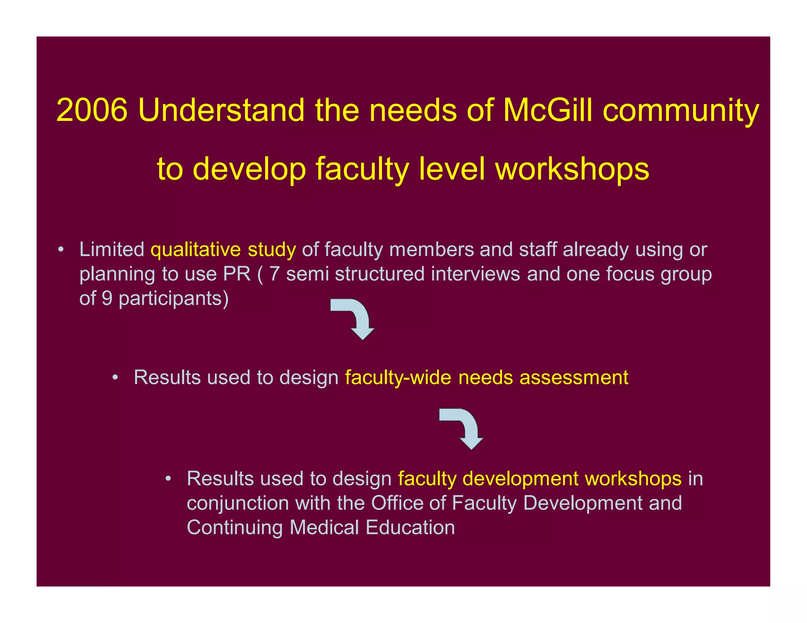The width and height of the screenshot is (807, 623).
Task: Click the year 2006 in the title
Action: click(x=92, y=110)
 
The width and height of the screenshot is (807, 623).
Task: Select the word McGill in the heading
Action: click(x=548, y=110)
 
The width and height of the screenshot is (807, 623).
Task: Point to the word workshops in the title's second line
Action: click(x=572, y=169)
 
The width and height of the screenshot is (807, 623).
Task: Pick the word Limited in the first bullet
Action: click(x=112, y=250)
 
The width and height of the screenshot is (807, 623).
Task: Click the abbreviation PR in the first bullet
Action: click(x=237, y=274)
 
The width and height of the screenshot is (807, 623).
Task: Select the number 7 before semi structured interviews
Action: click(x=275, y=274)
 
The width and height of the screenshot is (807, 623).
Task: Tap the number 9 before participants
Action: click(x=107, y=299)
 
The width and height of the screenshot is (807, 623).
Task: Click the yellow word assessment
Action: click(x=574, y=378)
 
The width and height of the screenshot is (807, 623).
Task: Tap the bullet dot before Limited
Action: click(x=60, y=250)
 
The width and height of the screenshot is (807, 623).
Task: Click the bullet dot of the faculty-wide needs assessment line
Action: click(x=115, y=378)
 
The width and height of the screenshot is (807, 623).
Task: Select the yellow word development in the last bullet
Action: click(x=520, y=479)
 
